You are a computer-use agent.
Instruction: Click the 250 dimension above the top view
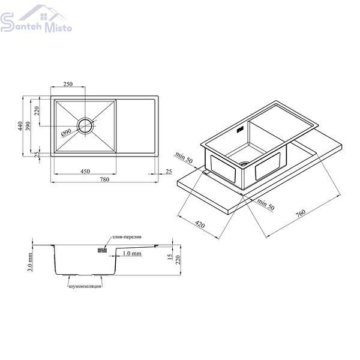(x=68, y=84)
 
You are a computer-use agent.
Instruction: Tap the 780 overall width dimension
(x=104, y=179)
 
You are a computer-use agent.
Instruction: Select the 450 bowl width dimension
(x=85, y=171)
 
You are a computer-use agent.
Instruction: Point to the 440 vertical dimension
(x=20, y=126)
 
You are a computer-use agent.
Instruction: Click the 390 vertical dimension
(x=28, y=126)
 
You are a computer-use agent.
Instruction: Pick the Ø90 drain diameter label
(x=67, y=133)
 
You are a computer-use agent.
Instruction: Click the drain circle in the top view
(x=86, y=126)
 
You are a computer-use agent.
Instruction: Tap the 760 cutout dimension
(x=301, y=213)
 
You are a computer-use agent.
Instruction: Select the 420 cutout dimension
(x=200, y=224)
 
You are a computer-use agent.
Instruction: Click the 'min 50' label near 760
(x=266, y=204)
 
